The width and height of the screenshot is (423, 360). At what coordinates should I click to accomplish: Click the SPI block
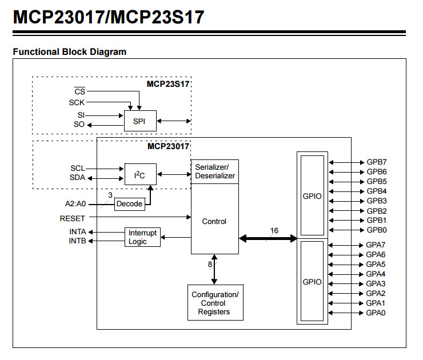coord(140,121)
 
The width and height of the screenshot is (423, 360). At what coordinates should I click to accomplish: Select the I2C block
coord(140,174)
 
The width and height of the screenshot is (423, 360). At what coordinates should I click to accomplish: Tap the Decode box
coord(130,204)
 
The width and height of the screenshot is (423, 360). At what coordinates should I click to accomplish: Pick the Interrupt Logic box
coord(142,237)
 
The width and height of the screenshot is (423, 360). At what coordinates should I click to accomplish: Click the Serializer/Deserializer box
coord(215,172)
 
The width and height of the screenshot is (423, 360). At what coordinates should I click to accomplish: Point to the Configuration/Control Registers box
coord(216,302)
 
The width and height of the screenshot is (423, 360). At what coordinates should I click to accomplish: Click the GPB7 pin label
coord(377,162)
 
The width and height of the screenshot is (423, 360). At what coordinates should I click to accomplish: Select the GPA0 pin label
coord(376,313)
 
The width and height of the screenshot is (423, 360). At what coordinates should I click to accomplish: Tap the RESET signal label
coord(72,218)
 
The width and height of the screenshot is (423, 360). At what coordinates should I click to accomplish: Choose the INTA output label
coord(78,231)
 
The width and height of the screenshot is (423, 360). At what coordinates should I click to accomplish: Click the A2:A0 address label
coord(75,203)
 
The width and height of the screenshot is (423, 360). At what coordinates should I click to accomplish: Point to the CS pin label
coord(80,91)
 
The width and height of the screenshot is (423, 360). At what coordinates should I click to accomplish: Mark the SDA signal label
coord(77,178)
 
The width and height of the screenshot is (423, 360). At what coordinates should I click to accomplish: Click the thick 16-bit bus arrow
coord(268,238)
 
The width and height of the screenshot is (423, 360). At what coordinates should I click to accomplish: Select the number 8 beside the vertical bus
coord(210,264)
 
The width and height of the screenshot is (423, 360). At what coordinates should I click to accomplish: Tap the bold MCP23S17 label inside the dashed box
coord(168,84)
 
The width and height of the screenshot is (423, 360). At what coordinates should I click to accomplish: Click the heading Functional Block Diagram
coord(70,51)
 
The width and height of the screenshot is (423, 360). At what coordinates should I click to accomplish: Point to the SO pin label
coord(79,125)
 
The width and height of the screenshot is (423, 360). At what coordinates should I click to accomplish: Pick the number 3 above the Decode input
coord(110,195)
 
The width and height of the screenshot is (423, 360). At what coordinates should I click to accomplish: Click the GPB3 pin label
coord(377,201)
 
